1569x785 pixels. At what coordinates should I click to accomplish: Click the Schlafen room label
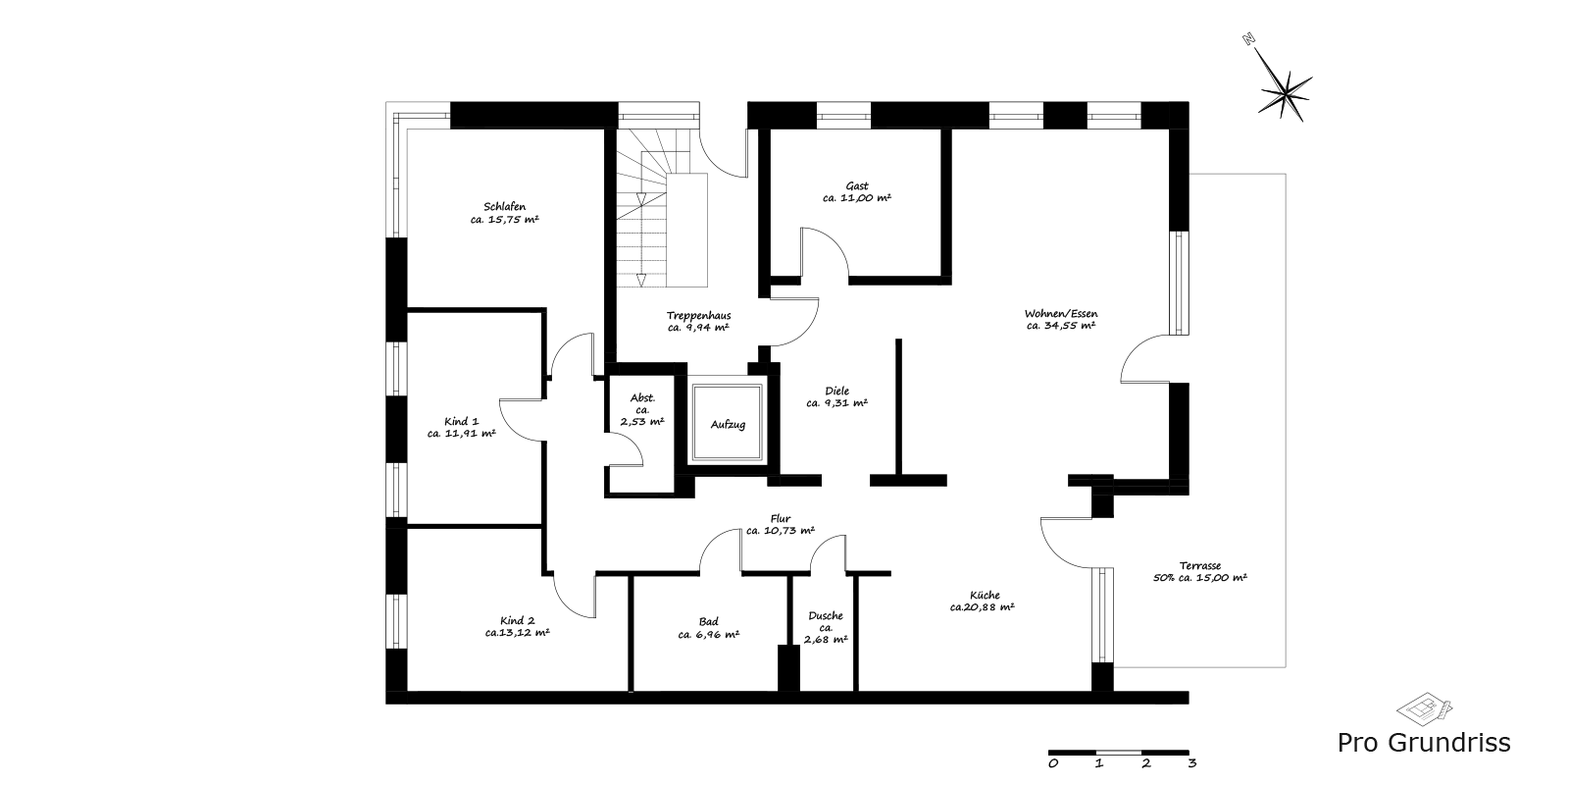(x=504, y=207)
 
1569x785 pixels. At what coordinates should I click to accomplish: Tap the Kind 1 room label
(x=462, y=421)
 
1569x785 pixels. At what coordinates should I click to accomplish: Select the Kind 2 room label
(x=518, y=620)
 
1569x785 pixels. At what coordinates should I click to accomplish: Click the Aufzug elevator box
(x=728, y=423)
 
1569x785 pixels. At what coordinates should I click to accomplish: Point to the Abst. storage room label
(x=642, y=398)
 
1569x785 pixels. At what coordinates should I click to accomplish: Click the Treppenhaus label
(x=699, y=315)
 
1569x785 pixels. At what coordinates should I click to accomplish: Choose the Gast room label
(x=857, y=185)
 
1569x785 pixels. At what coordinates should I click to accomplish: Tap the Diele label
(x=837, y=391)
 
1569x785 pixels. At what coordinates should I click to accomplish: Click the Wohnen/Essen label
(x=1061, y=313)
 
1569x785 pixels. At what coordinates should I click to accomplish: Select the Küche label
(x=985, y=595)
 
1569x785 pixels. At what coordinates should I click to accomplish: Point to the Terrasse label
(x=1200, y=565)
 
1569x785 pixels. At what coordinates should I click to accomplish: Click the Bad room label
(x=708, y=621)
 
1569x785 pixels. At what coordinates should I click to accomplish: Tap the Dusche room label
(x=826, y=615)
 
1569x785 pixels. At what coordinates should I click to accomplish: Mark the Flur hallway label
(x=781, y=519)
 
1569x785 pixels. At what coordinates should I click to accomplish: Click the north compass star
(x=1285, y=93)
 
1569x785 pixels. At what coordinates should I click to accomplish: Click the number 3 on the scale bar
(x=1192, y=763)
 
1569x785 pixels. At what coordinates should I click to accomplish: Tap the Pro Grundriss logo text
(x=1424, y=743)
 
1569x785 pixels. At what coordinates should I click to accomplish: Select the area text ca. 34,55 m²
(x=1061, y=325)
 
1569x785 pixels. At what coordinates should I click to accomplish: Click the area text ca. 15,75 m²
(x=504, y=220)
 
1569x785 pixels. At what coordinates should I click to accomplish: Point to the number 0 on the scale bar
(x=1053, y=763)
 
